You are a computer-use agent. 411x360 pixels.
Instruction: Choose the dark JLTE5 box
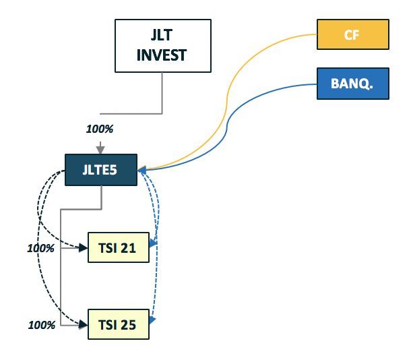[x=100, y=170]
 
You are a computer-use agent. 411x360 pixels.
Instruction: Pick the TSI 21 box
[x=118, y=247]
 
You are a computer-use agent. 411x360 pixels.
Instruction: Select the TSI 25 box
[x=118, y=325]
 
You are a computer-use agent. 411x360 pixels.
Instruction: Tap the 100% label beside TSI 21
[x=40, y=248]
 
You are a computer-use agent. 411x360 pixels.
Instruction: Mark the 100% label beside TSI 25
[x=41, y=325]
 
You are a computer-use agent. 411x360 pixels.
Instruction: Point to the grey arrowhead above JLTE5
[x=100, y=149]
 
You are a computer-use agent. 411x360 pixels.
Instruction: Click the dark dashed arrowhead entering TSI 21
[x=84, y=248]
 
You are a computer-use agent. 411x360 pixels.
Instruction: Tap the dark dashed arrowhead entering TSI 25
[x=84, y=325]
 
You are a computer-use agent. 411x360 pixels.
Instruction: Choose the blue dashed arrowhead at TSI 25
[x=153, y=319]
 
